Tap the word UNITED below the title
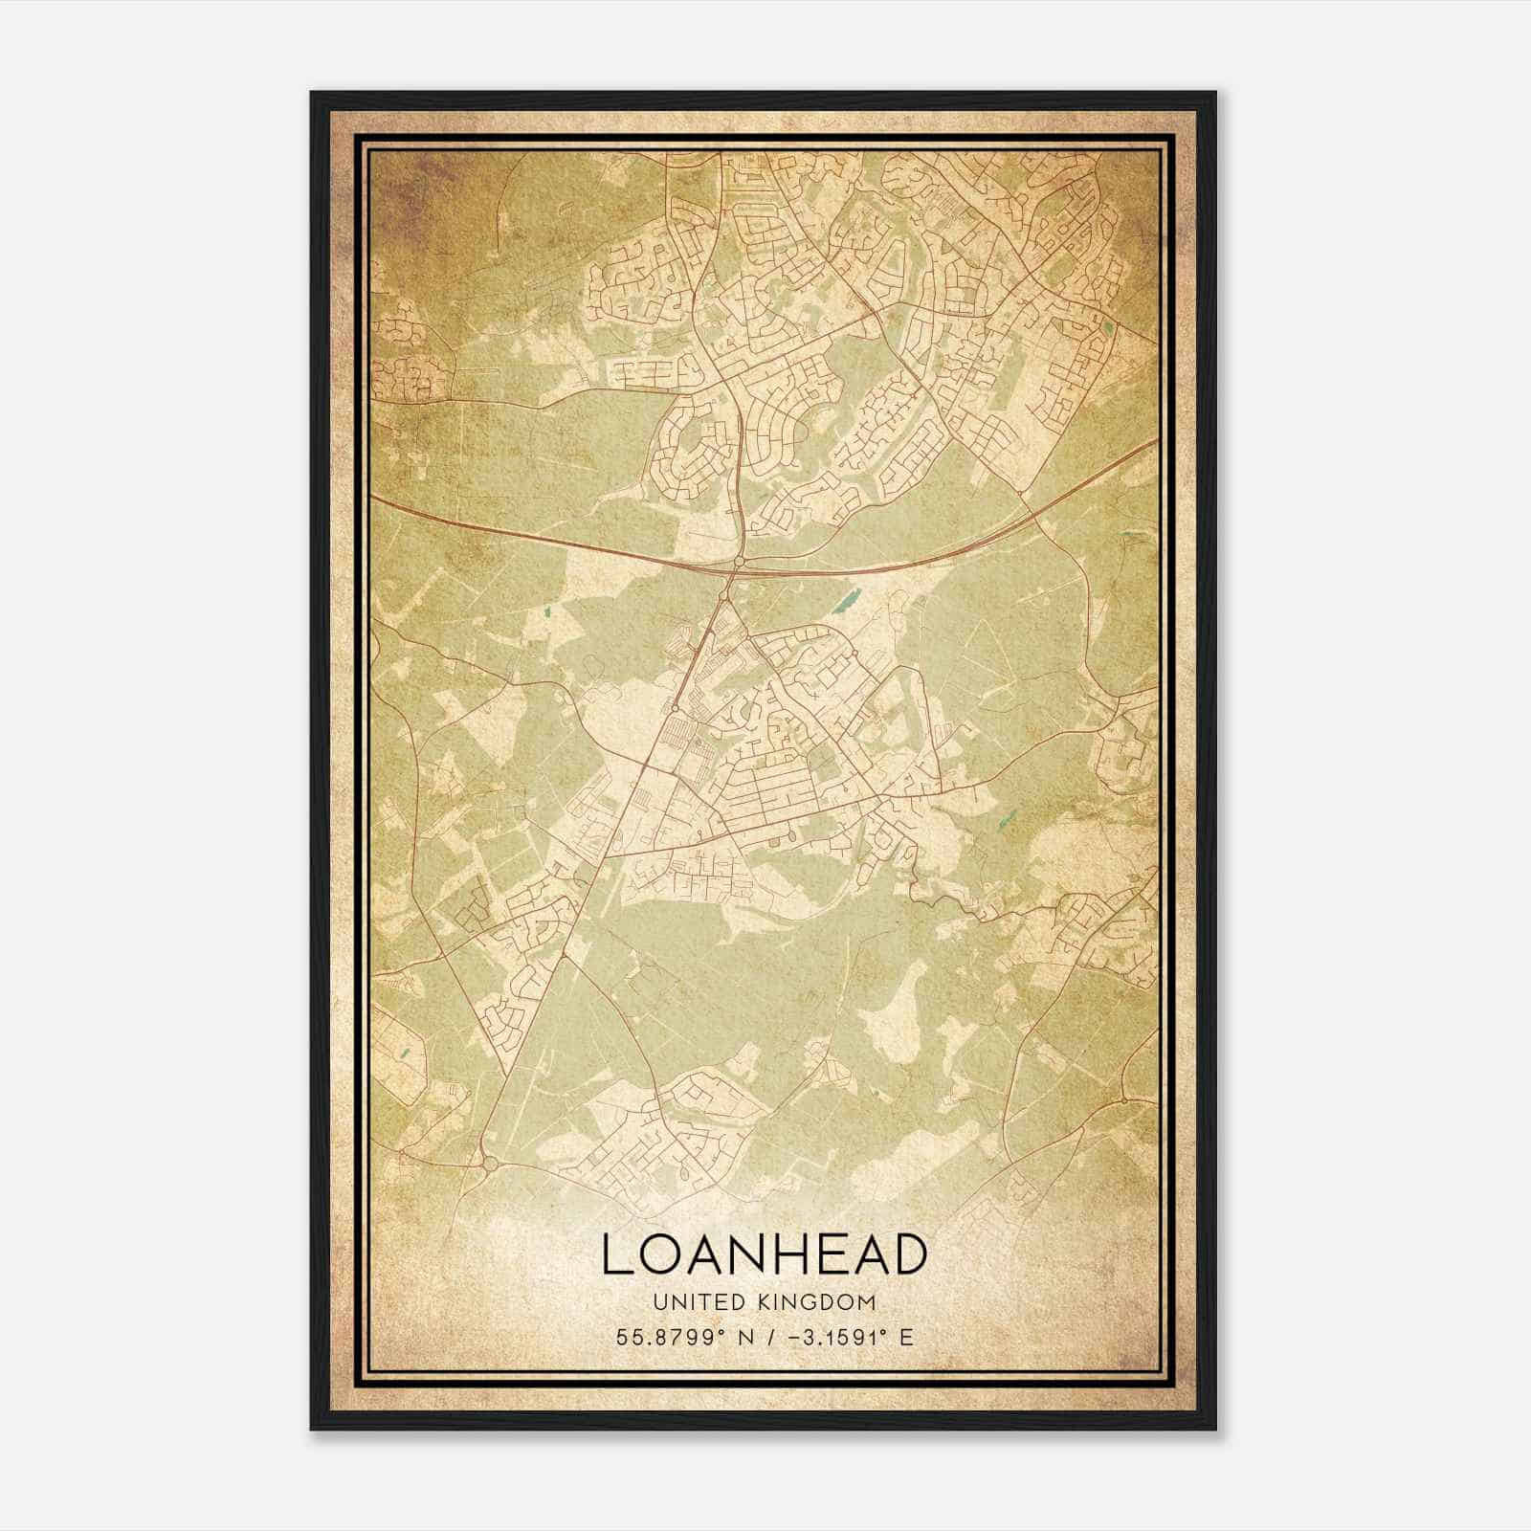coord(699,1302)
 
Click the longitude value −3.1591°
coord(837,1337)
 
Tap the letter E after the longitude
coord(906,1337)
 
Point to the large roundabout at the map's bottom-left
coord(489,1164)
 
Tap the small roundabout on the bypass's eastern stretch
coord(1021,494)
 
